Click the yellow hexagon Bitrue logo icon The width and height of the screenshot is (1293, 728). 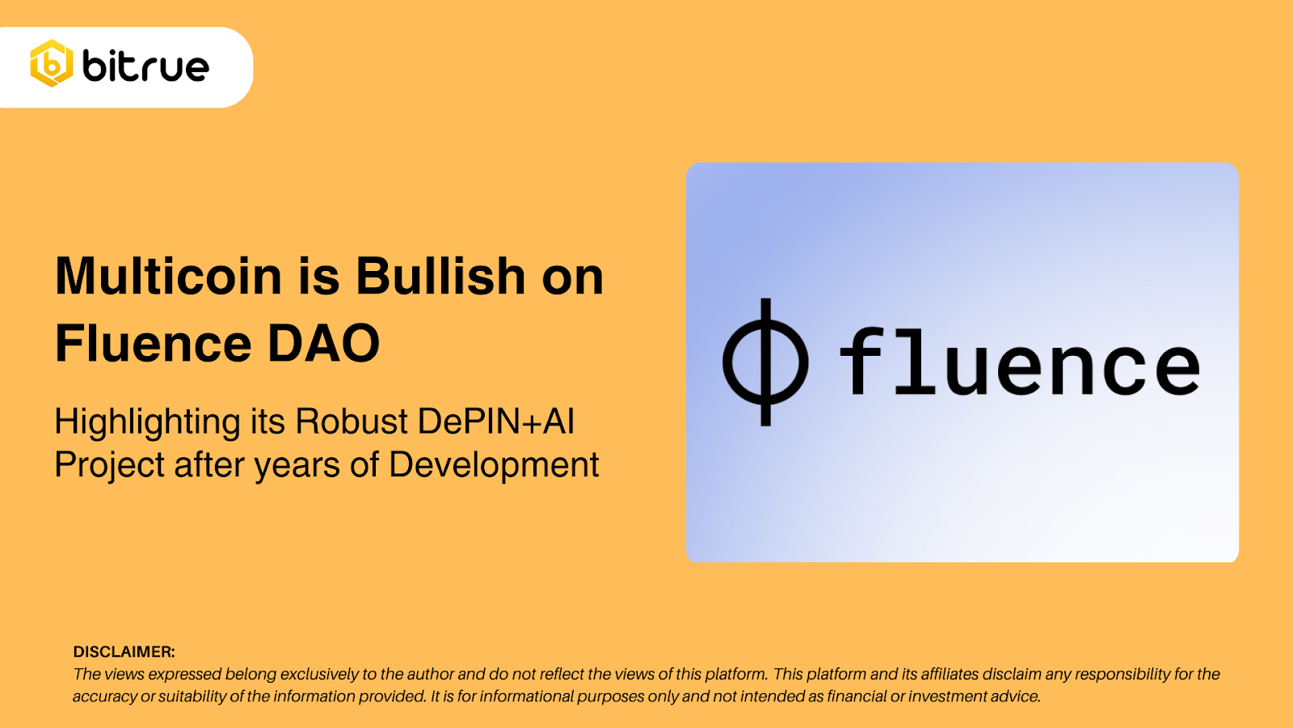point(52,64)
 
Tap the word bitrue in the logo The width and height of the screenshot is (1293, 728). point(146,66)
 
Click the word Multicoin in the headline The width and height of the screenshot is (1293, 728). point(168,277)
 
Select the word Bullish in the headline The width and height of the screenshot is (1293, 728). point(441,277)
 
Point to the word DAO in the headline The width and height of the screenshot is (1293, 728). point(323,344)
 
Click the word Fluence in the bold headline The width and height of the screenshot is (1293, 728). point(154,344)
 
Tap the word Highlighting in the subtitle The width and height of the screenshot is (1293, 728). point(147,422)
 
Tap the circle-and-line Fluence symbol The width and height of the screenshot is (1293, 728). point(764,362)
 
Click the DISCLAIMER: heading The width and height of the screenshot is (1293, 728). point(124,652)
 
